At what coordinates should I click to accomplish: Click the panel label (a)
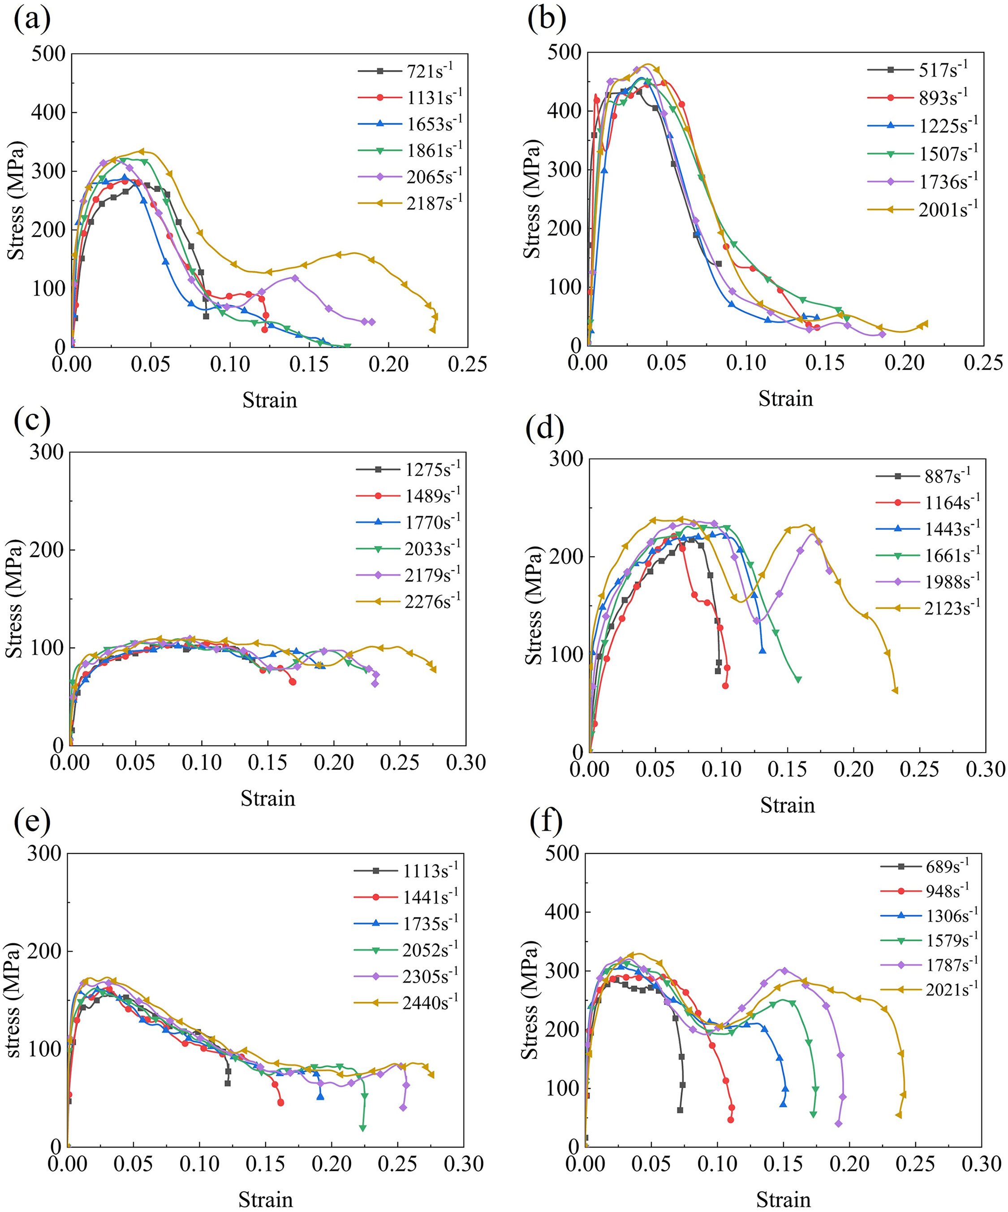pyautogui.click(x=32, y=20)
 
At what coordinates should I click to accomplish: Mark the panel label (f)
pyautogui.click(x=545, y=822)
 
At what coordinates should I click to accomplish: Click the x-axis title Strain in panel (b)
pyautogui.click(x=786, y=399)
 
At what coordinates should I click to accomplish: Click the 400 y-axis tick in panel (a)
pyautogui.click(x=48, y=112)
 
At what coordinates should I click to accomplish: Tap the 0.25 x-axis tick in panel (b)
pyautogui.click(x=983, y=363)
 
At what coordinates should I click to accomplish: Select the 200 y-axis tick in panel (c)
pyautogui.click(x=46, y=550)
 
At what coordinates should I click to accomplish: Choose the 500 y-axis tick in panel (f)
pyautogui.click(x=562, y=854)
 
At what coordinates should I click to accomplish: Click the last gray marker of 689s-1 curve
pyautogui.click(x=680, y=1110)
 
